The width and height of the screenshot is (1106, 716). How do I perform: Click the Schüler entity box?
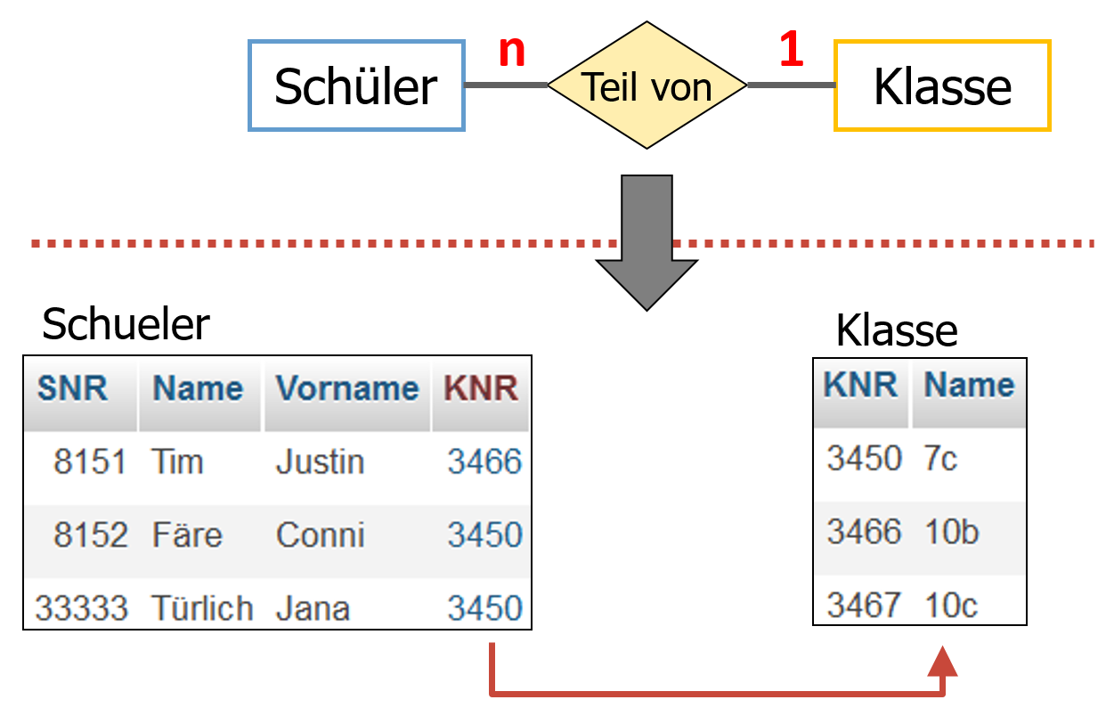tap(356, 86)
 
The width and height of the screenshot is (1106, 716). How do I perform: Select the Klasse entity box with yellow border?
tap(942, 86)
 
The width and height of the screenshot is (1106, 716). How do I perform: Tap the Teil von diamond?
tap(647, 86)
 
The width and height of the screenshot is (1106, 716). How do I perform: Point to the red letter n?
tap(512, 52)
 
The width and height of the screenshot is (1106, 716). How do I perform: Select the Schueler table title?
tap(126, 324)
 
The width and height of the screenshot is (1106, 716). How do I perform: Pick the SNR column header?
tap(72, 388)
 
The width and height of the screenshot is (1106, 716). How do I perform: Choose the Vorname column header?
tap(346, 388)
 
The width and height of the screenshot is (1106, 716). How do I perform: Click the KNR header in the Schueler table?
tap(481, 388)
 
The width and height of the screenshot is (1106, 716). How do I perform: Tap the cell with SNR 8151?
tap(90, 462)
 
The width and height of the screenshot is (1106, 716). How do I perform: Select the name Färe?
tap(187, 535)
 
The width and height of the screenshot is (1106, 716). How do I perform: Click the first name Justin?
tap(320, 462)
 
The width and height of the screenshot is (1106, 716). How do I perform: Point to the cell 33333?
tap(81, 608)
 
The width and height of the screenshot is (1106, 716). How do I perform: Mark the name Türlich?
tap(202, 608)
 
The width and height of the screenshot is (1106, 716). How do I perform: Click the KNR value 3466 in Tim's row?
tap(484, 462)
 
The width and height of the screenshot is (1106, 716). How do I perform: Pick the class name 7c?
tap(941, 459)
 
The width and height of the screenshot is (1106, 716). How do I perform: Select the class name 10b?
tap(951, 532)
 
